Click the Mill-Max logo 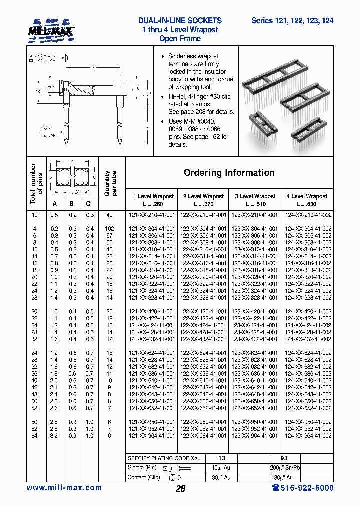point(51,31)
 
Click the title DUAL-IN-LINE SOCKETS point(180,21)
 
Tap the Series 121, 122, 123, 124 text point(292,21)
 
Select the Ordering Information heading point(229,173)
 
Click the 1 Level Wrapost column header point(151,200)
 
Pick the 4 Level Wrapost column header point(307,200)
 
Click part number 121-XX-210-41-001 point(152,215)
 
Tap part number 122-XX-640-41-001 point(203,380)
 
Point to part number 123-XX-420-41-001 point(255,311)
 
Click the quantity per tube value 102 point(110,228)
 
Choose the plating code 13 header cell point(222,458)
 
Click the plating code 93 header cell point(283,458)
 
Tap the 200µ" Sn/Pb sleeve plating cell point(283,468)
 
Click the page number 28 point(180,489)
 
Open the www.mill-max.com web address point(64,488)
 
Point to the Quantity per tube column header point(110,183)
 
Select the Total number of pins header point(36,183)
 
